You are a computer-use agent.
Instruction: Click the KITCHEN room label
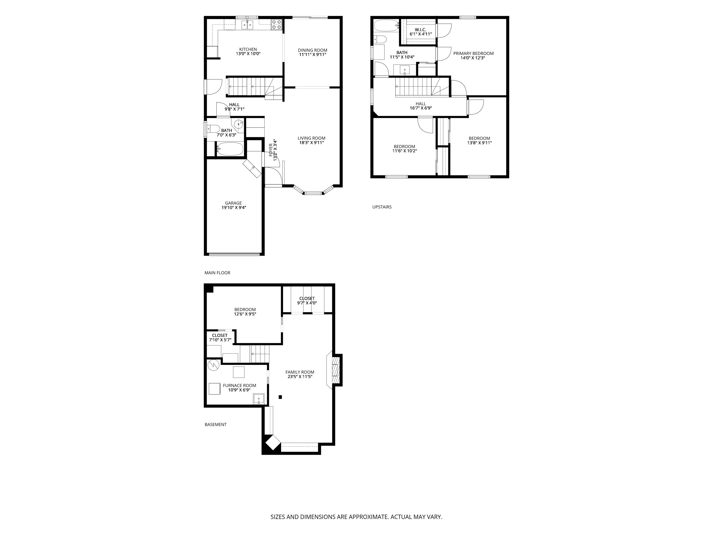click(x=248, y=49)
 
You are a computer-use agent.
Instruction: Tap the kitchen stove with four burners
click(x=276, y=25)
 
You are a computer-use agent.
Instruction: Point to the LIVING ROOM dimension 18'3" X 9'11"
click(x=311, y=142)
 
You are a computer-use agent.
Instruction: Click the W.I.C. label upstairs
click(x=420, y=30)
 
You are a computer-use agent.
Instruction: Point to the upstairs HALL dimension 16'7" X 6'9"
click(x=421, y=108)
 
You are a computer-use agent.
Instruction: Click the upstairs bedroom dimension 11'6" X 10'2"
click(x=405, y=151)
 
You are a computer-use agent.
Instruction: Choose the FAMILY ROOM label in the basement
click(x=300, y=372)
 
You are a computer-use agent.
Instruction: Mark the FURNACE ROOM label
click(x=240, y=385)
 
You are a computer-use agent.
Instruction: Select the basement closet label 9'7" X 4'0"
click(x=307, y=303)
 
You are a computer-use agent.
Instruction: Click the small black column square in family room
click(x=280, y=397)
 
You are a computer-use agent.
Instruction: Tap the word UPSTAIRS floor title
click(x=382, y=207)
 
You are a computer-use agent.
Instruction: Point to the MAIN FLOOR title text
click(x=217, y=273)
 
